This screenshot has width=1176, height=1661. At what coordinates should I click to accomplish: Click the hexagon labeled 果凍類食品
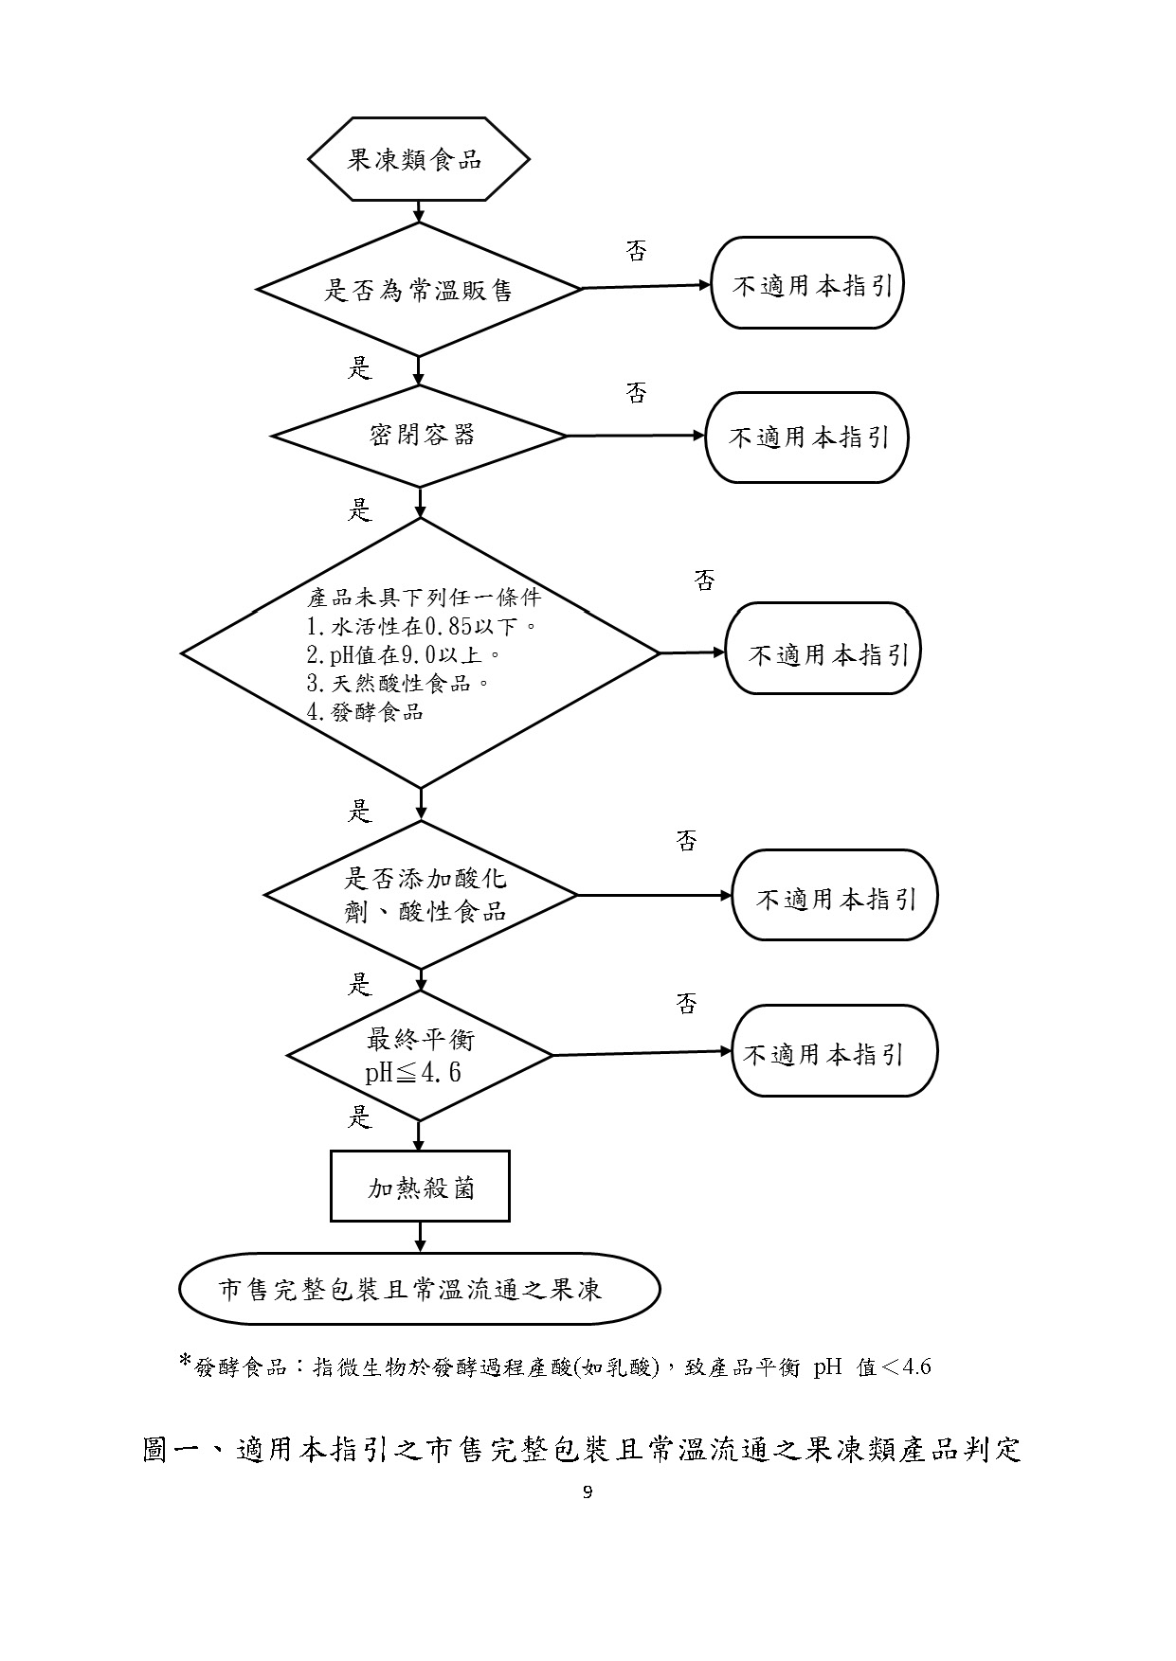(x=418, y=159)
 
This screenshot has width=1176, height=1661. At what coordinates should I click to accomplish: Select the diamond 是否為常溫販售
(x=419, y=289)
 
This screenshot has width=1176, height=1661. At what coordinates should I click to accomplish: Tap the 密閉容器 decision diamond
(x=420, y=436)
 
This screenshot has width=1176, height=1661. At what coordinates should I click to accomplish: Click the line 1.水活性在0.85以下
(x=423, y=626)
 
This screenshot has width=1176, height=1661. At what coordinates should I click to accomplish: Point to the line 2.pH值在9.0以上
(x=404, y=654)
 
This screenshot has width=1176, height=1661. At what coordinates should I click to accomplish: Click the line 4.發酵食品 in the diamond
(x=365, y=712)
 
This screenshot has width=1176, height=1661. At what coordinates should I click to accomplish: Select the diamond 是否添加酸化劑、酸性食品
(x=421, y=895)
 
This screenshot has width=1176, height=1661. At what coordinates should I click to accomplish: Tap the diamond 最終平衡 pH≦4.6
(x=420, y=1055)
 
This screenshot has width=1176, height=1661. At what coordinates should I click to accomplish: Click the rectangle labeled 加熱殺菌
(x=420, y=1187)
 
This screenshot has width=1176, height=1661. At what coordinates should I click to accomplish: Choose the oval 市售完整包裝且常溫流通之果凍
(x=420, y=1289)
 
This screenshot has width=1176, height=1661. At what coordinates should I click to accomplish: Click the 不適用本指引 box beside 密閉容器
(x=807, y=438)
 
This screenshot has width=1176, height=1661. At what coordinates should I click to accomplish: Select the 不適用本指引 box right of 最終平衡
(x=835, y=1051)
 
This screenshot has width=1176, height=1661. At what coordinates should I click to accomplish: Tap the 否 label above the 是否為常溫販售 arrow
(x=637, y=251)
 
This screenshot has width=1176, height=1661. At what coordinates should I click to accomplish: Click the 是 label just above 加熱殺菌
(x=360, y=1117)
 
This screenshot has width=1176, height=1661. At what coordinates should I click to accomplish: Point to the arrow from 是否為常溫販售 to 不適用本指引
(x=646, y=287)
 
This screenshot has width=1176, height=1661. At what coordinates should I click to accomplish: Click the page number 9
(x=588, y=1493)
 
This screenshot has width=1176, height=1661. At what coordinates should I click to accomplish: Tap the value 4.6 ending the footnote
(x=916, y=1366)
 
